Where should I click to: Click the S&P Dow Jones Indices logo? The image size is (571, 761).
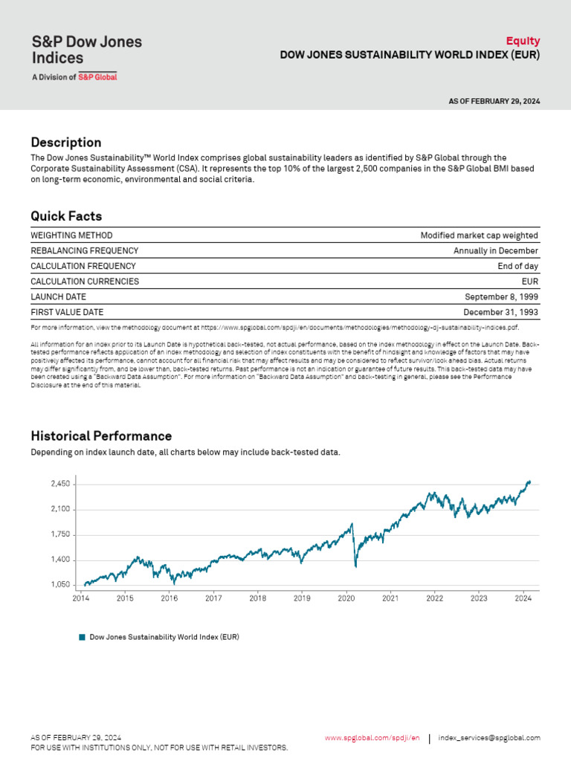86,56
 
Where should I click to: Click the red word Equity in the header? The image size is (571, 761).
523,41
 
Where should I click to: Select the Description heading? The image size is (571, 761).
65,142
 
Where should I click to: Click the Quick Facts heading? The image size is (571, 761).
66,216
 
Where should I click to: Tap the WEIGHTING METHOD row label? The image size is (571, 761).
72,236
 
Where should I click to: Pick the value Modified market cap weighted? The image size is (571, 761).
479,236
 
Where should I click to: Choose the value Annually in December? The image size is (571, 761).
495,251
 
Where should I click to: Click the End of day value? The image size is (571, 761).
517,266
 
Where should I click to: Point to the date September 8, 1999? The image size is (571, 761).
501,297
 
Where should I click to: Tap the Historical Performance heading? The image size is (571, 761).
101,436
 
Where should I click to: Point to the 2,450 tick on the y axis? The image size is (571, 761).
60,484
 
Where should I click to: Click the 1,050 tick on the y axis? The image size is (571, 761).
60,585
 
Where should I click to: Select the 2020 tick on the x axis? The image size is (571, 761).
346,598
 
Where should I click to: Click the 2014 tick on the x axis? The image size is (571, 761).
80,598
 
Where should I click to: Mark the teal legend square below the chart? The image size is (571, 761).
83,637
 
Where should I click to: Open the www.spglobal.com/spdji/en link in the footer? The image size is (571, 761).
372,738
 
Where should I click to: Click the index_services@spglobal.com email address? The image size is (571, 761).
489,738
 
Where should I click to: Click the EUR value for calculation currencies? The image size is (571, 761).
530,282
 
